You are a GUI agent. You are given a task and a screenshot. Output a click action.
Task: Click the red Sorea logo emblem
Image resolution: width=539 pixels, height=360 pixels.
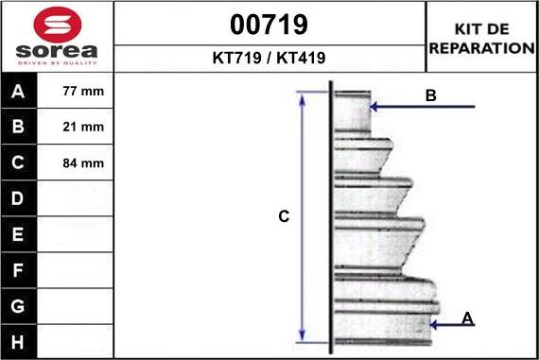click(58, 25)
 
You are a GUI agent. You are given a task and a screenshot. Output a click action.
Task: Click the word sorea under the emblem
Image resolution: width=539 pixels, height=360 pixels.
click(57, 51)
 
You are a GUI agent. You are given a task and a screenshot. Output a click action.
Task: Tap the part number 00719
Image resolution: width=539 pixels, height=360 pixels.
click(269, 25)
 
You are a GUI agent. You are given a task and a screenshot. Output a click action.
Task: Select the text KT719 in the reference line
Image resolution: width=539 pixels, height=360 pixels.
click(236, 58)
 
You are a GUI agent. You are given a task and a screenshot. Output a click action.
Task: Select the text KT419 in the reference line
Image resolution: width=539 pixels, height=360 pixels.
click(301, 58)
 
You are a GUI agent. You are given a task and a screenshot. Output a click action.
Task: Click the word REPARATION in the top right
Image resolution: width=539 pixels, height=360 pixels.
click(482, 48)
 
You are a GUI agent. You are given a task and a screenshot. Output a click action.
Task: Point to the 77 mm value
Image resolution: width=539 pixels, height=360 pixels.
click(83, 91)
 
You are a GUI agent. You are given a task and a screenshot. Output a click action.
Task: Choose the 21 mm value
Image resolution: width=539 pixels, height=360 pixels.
click(83, 127)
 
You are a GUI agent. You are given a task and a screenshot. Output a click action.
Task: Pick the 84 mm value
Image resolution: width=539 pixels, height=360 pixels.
click(83, 163)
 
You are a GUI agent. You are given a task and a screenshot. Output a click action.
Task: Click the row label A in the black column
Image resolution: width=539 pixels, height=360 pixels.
click(18, 92)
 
